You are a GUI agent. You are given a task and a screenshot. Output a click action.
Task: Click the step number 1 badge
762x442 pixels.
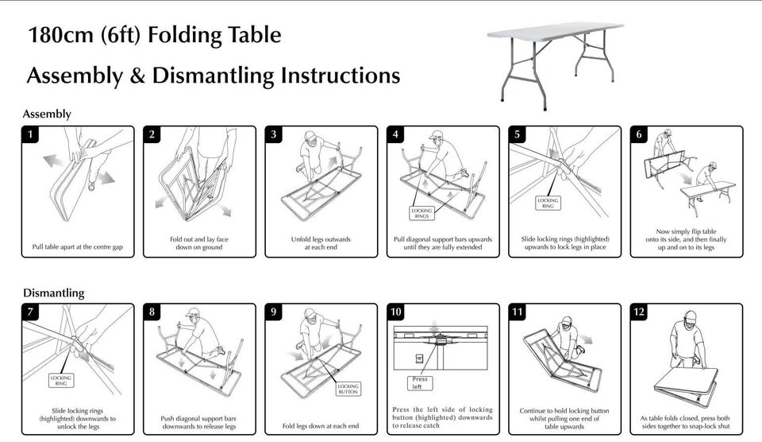tap(30, 134)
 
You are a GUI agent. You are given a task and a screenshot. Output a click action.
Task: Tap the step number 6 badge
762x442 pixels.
tap(639, 134)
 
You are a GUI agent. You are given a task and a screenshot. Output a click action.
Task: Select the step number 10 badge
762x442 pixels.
tap(396, 312)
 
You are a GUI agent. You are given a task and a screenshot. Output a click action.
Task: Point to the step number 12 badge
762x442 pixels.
tap(639, 312)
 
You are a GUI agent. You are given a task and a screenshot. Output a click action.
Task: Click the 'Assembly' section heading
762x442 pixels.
tap(47, 114)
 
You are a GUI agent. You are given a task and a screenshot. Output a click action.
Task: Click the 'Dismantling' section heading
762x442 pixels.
tap(53, 293)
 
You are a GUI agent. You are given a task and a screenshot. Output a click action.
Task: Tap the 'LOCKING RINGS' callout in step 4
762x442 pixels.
tap(421, 212)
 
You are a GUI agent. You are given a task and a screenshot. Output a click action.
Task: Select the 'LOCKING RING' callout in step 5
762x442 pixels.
tap(548, 203)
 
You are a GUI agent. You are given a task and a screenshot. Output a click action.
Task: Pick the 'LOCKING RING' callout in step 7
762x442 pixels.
tap(61, 380)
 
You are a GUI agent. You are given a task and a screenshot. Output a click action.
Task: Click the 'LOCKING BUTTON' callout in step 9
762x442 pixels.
tap(348, 389)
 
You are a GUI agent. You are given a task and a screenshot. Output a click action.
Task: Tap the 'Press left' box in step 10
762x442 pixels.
tap(420, 383)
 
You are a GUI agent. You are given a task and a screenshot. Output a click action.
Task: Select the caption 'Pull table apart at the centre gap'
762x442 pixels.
tap(78, 247)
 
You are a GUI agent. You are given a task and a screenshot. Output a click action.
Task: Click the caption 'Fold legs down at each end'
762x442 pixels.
tap(321, 426)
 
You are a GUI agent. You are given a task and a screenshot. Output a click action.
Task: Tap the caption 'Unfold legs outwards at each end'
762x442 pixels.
tap(321, 243)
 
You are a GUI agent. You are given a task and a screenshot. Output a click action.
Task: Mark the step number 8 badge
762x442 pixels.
tap(152, 312)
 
